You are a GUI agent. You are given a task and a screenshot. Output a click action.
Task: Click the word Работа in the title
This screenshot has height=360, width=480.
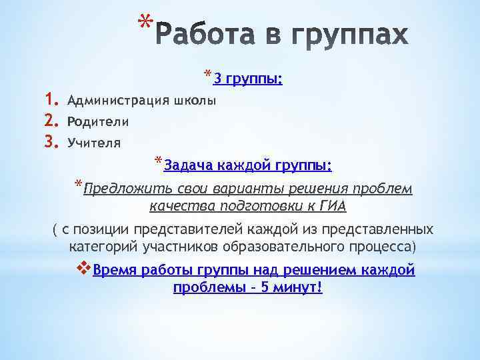tap(211, 35)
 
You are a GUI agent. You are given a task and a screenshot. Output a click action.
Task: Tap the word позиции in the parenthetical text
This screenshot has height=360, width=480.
tap(102, 230)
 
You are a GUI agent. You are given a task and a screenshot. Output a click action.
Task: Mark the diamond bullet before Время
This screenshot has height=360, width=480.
tap(84, 269)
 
